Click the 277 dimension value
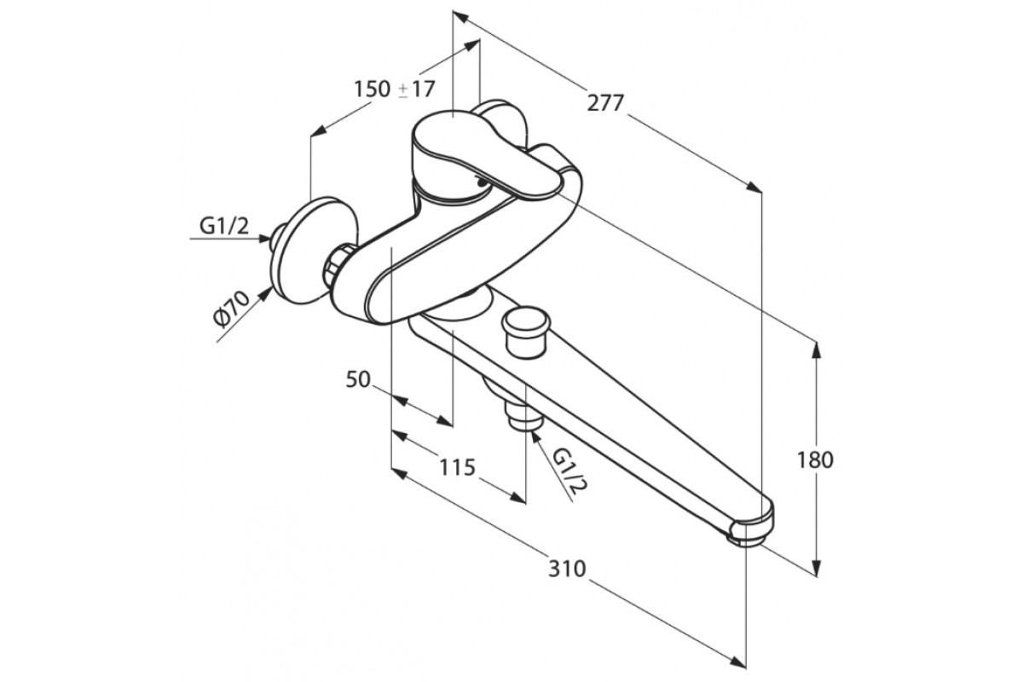click(606, 103)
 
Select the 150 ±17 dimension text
click(394, 88)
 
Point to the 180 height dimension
click(815, 460)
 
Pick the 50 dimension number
click(359, 379)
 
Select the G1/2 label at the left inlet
click(224, 225)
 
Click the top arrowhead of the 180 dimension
click(818, 348)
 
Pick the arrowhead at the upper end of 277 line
click(459, 15)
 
